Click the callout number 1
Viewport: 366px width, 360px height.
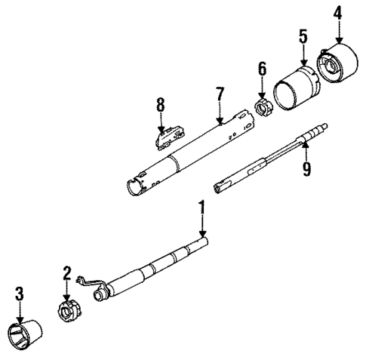202,206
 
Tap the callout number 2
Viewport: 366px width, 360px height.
66,272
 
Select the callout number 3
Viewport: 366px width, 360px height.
20,294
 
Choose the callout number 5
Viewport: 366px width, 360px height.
303,35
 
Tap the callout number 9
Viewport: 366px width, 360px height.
306,169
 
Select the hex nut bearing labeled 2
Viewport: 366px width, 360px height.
69,309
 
